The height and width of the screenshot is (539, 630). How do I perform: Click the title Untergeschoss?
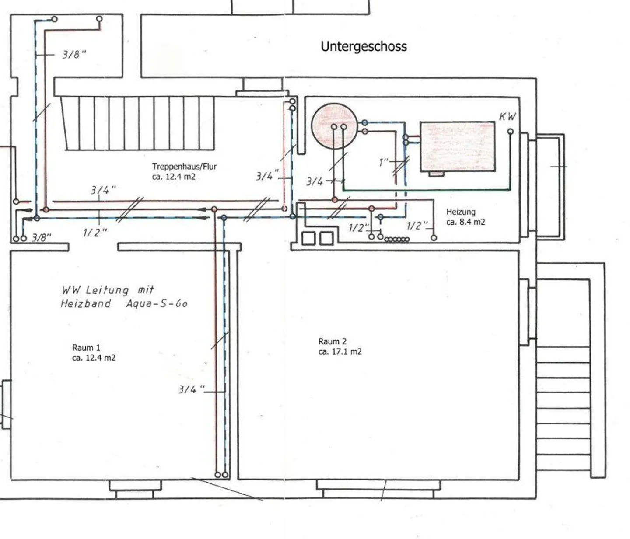[364, 46]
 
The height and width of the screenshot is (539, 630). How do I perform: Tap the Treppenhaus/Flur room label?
[184, 167]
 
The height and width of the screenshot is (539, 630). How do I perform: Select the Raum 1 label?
[86, 348]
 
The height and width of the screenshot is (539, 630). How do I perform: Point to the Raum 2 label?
[332, 341]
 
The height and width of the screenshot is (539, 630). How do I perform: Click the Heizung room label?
[461, 212]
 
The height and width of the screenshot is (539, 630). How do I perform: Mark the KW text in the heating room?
[507, 117]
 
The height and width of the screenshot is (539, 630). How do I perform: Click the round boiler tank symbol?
[334, 126]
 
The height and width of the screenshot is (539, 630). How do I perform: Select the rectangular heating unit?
[458, 146]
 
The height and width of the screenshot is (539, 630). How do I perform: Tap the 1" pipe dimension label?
[384, 163]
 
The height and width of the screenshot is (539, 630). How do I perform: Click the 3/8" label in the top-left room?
[74, 55]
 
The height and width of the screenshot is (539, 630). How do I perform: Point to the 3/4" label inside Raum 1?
[191, 389]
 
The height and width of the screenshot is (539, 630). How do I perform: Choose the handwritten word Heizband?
[86, 303]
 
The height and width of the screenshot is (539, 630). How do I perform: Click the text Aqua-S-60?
[157, 303]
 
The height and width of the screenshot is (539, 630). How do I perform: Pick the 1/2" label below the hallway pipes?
[95, 233]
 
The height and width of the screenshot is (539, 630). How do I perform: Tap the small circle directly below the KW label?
[510, 132]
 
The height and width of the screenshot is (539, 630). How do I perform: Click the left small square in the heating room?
[308, 238]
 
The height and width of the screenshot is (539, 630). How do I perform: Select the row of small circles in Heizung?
[397, 240]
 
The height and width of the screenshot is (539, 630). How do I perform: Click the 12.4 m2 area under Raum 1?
[94, 358]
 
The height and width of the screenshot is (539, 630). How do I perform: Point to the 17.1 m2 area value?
[340, 352]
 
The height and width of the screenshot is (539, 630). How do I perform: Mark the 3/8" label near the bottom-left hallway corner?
[42, 237]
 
